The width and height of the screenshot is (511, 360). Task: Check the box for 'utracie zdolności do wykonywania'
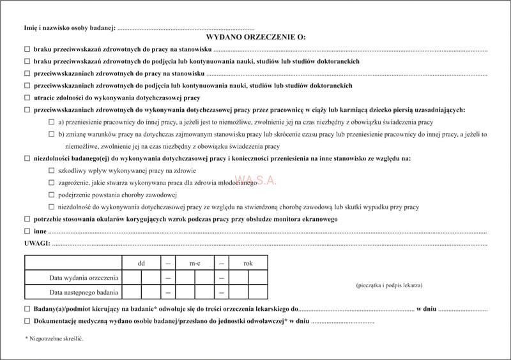(27, 98)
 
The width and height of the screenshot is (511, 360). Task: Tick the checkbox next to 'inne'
(27, 231)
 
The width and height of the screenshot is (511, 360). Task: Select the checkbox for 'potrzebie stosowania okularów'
(27, 219)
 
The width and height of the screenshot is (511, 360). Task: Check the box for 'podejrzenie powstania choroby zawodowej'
(51, 195)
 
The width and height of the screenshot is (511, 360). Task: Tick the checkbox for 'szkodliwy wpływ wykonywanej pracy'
(51, 170)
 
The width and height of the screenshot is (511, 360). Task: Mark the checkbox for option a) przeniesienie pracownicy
(51, 122)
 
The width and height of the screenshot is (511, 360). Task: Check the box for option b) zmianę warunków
(51, 134)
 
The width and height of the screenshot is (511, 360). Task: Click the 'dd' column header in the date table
(141, 263)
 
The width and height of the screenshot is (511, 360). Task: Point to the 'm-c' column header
(194, 263)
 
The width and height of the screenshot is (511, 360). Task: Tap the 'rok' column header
(248, 263)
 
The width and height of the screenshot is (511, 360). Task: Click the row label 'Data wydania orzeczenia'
(83, 278)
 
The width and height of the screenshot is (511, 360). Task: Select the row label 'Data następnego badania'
(83, 292)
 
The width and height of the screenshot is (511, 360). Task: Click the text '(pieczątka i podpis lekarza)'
(389, 285)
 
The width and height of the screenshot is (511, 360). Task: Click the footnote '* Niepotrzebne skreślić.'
(54, 338)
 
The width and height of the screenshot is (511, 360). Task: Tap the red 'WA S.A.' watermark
(256, 181)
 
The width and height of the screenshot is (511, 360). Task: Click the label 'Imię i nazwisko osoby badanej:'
(70, 27)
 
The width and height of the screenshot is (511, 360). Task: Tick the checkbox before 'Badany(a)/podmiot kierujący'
(27, 309)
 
